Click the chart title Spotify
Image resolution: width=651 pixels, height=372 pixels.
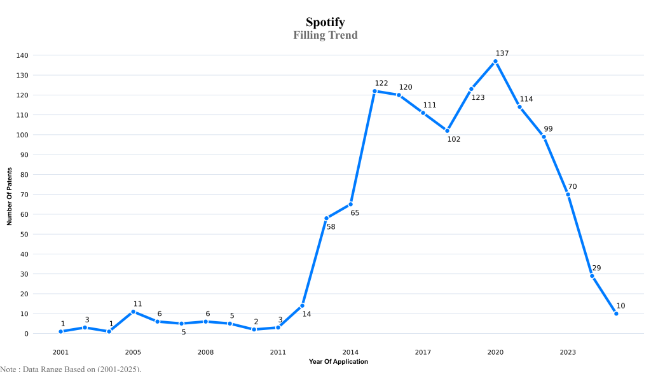[325, 22]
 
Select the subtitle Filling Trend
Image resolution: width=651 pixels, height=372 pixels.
[325, 35]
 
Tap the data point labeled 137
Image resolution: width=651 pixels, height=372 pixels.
[495, 61]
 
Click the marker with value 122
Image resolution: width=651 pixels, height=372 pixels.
[374, 91]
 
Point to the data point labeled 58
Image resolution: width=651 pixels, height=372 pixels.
[326, 218]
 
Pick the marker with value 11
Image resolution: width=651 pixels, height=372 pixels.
[133, 312]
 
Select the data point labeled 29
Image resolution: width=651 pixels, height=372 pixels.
[592, 276]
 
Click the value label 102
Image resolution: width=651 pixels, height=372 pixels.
[453, 139]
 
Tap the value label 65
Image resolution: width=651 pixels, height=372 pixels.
[355, 213]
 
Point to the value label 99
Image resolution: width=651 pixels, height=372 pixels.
[548, 129]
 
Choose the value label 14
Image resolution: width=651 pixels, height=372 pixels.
[306, 314]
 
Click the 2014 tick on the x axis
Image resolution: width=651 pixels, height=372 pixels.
[350, 352]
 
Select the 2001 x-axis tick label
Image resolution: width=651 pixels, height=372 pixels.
[60, 352]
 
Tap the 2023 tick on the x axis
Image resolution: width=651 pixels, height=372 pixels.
[568, 352]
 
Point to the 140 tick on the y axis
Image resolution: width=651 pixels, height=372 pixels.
[22, 55]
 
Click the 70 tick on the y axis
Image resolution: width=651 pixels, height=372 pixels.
[24, 195]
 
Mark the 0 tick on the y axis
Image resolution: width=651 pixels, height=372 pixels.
[26, 334]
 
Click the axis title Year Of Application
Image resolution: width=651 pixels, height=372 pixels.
[338, 362]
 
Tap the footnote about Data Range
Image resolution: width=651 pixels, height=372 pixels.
[71, 368]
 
